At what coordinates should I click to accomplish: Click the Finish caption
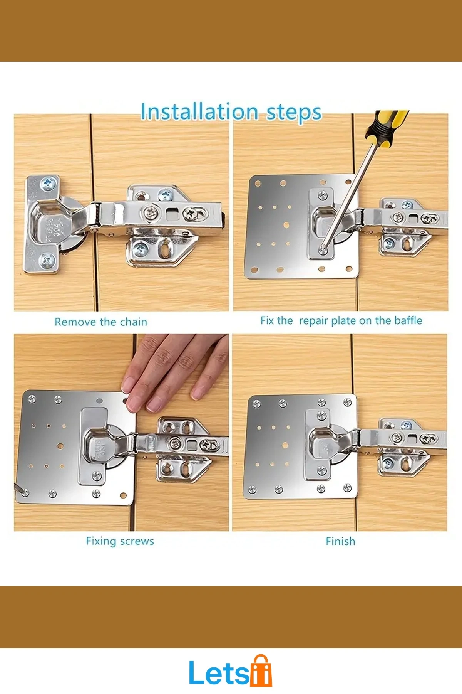pyautogui.click(x=340, y=541)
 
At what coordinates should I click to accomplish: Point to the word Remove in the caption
pyautogui.click(x=75, y=322)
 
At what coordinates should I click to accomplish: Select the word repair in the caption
pyautogui.click(x=313, y=321)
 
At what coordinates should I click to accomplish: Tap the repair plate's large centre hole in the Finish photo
pyautogui.click(x=285, y=445)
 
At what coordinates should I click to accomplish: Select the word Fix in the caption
pyautogui.click(x=267, y=320)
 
